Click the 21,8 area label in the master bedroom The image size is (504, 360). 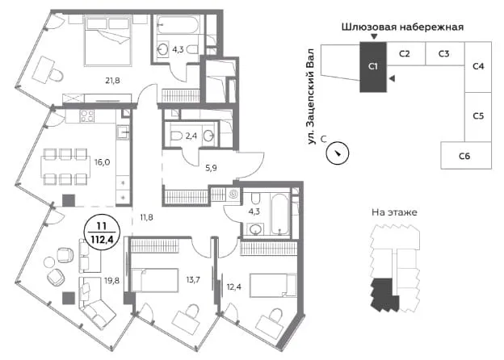112,80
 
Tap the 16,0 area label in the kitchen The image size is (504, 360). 103,162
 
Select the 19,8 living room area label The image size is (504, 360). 111,281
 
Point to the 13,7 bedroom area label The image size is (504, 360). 193,280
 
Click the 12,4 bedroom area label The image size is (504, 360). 234,287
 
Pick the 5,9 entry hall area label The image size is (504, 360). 211,168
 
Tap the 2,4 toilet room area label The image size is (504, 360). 191,136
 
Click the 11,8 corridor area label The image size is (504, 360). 146,218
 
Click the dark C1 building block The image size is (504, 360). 373,67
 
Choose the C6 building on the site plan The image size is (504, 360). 466,156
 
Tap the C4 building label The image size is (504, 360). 478,66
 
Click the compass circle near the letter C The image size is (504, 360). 338,153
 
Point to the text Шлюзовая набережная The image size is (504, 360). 402,27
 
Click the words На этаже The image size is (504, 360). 394,212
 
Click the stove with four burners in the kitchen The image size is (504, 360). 87,116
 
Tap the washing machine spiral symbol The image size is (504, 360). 233,195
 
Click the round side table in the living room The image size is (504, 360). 49,262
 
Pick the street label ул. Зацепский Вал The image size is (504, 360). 312,96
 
